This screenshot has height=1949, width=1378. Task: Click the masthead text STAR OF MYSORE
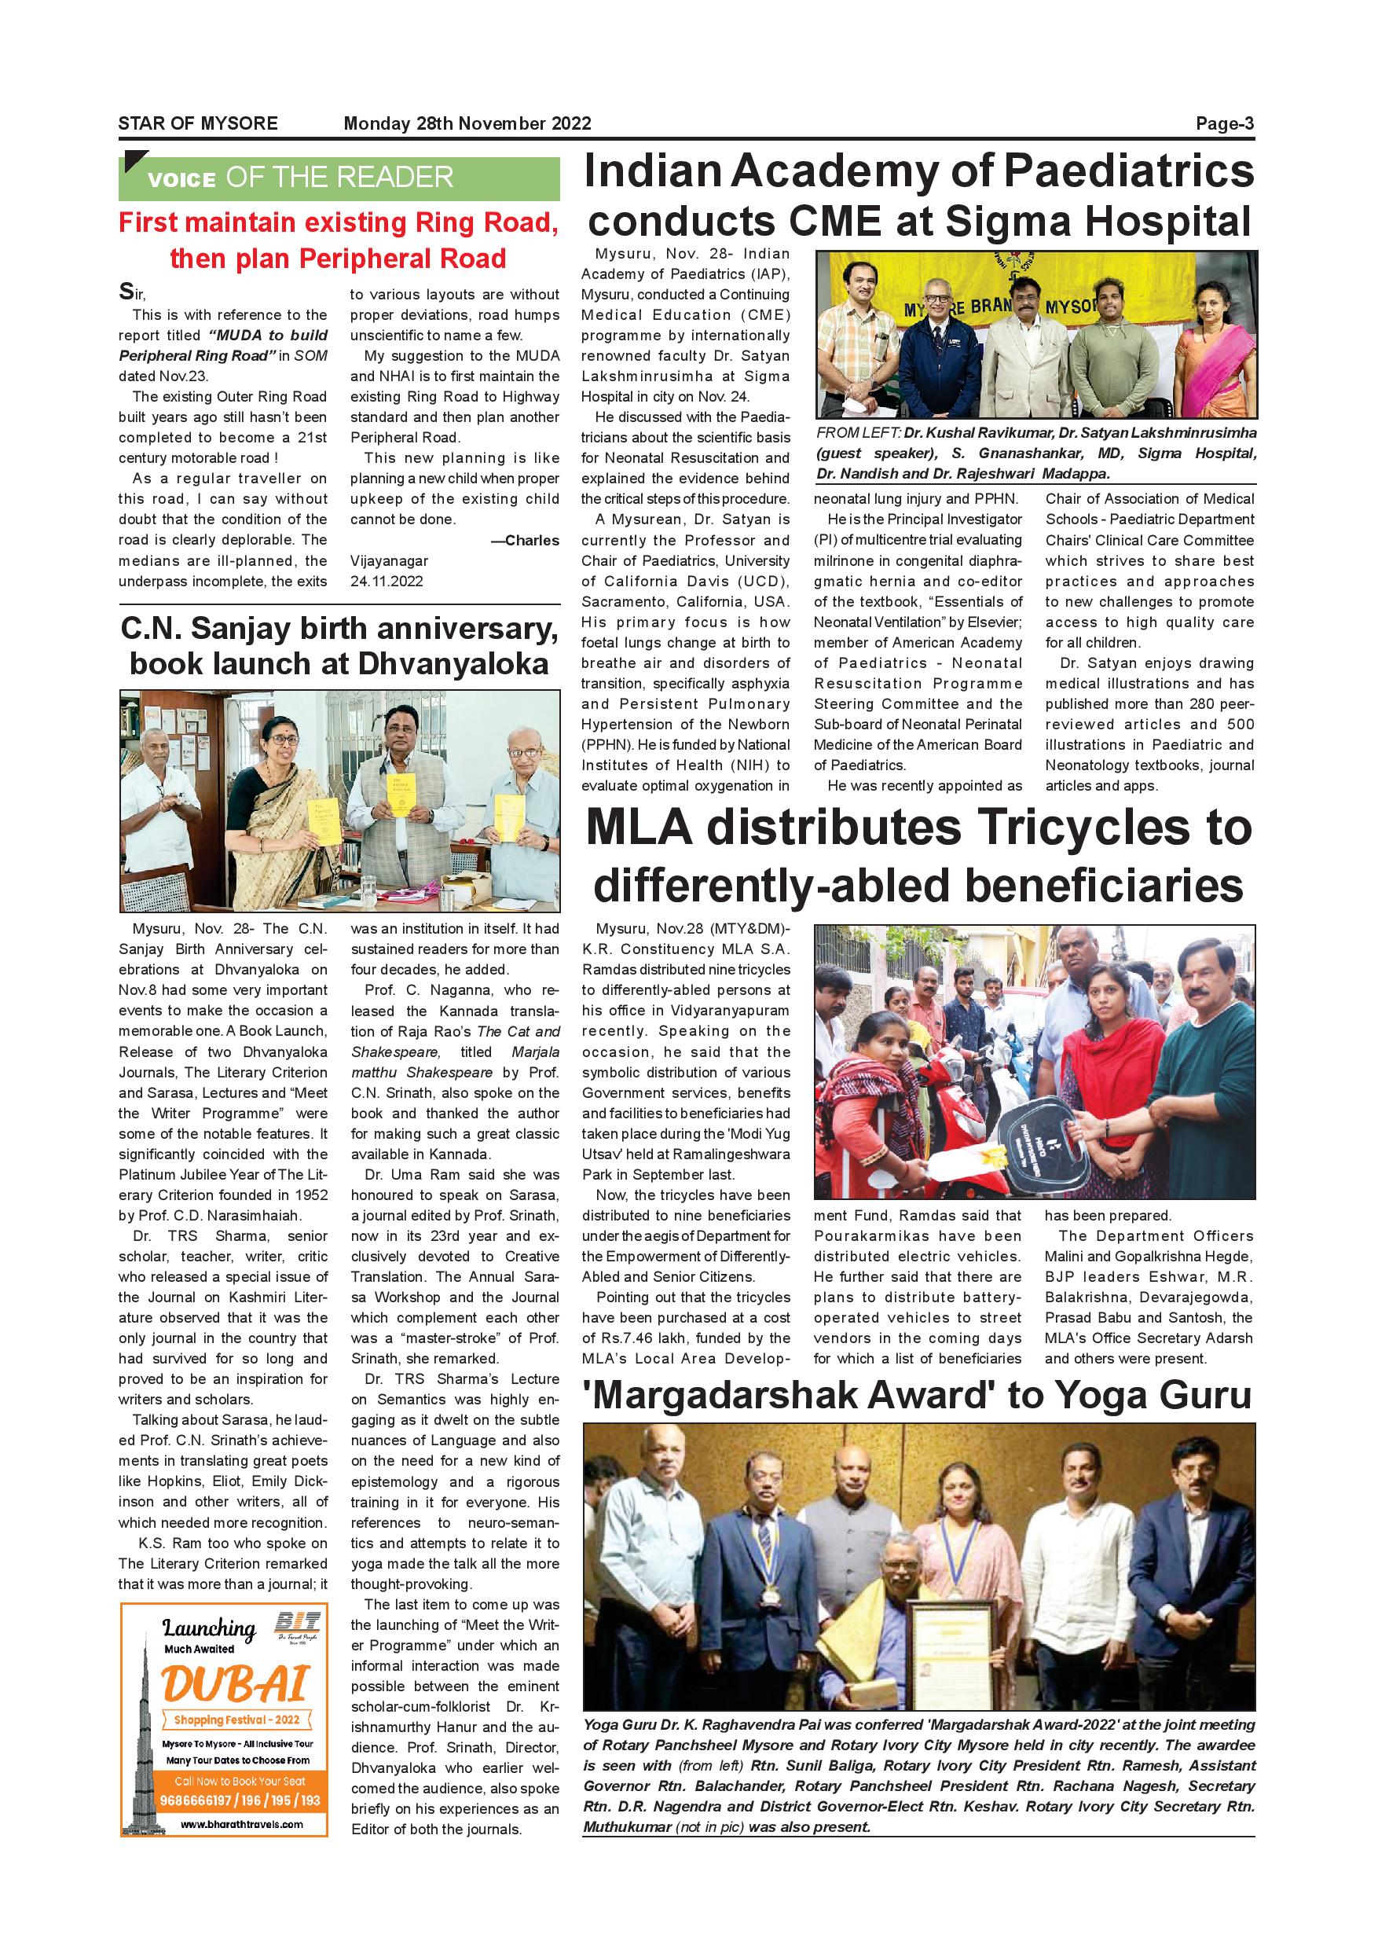[198, 123]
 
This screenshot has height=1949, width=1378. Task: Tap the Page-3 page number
[1225, 123]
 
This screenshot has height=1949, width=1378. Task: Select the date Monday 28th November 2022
[467, 123]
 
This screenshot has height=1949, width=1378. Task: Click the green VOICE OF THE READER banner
[339, 178]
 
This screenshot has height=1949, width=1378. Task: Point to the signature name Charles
[532, 541]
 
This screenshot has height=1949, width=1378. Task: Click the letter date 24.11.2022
[387, 582]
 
